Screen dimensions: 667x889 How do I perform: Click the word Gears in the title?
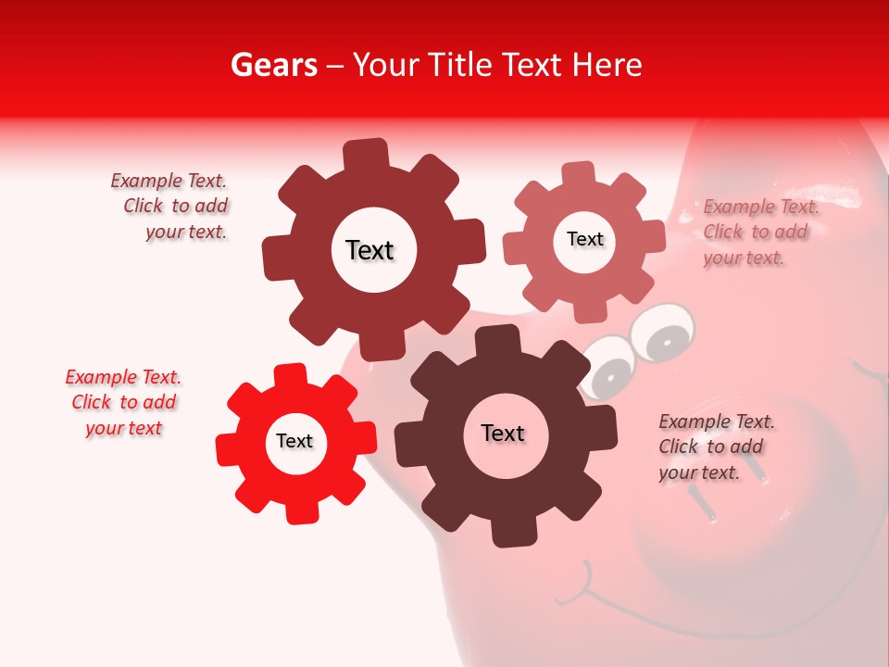click(x=273, y=65)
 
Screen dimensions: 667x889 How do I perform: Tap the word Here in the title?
click(x=607, y=65)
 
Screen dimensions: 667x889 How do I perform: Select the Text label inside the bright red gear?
click(x=294, y=441)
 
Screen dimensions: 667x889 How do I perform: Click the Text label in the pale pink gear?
click(x=584, y=239)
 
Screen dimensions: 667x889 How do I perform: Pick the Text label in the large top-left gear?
click(x=369, y=250)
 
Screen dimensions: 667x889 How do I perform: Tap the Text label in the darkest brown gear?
click(x=503, y=433)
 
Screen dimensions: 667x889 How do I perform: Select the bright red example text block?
click(x=123, y=402)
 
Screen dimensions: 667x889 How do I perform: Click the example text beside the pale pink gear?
click(x=760, y=232)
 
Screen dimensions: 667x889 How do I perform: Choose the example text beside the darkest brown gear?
click(x=716, y=447)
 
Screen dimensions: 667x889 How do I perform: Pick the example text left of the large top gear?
click(x=172, y=206)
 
